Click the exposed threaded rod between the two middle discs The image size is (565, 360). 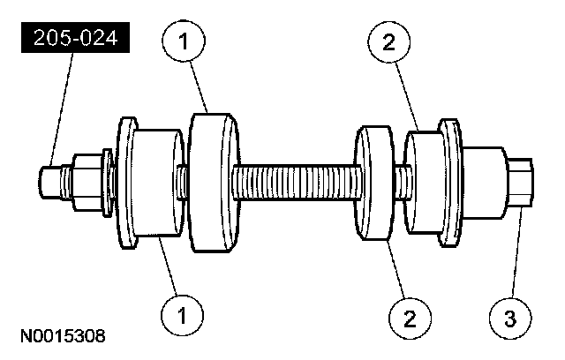(x=296, y=184)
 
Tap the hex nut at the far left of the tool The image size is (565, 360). (x=87, y=183)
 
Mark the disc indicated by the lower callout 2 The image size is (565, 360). (x=374, y=183)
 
